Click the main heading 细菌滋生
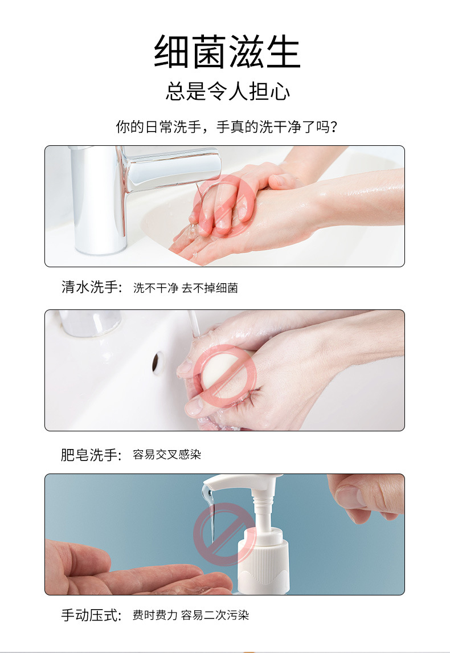pos(227,52)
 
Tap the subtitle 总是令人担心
pos(227,91)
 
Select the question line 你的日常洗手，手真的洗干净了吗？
pos(227,126)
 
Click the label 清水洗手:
pos(92,288)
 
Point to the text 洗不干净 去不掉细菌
pos(185,288)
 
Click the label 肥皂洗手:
pos(92,455)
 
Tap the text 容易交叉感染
pos(167,455)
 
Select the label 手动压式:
pos(92,615)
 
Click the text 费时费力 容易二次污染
pos(191,615)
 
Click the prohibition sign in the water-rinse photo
pos(222,206)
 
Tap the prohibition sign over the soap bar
pos(224,374)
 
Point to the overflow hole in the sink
pos(158,362)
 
